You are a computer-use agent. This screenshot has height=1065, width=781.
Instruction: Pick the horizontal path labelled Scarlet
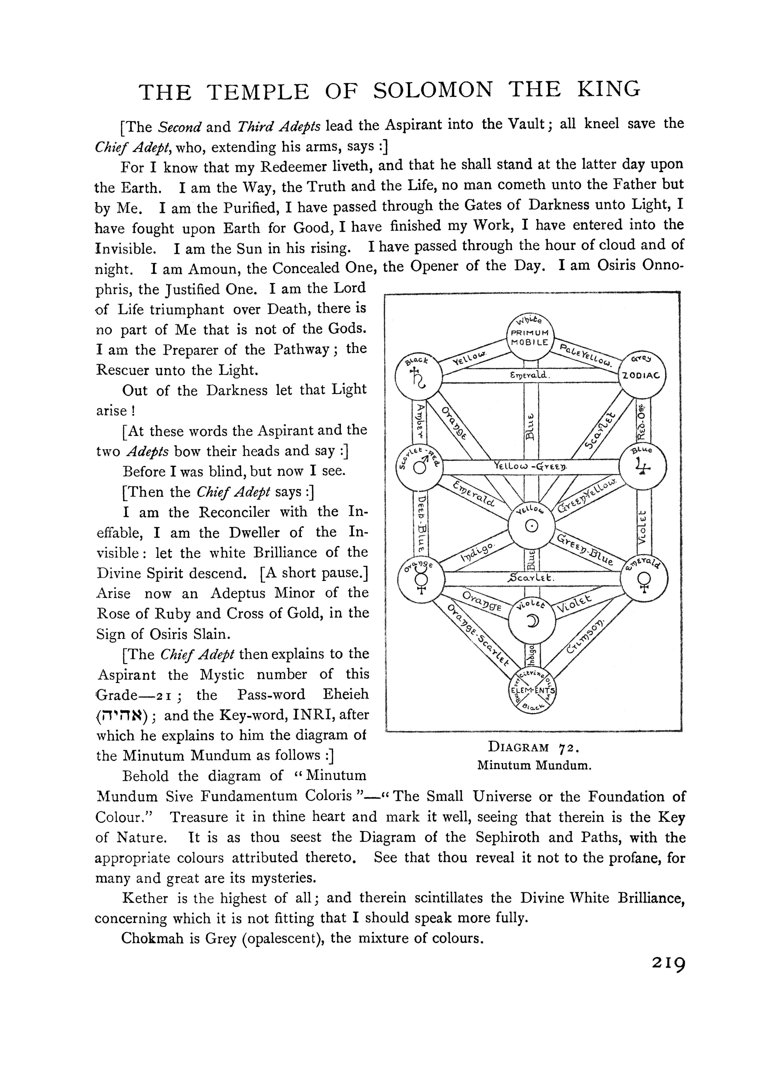[x=530, y=578]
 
